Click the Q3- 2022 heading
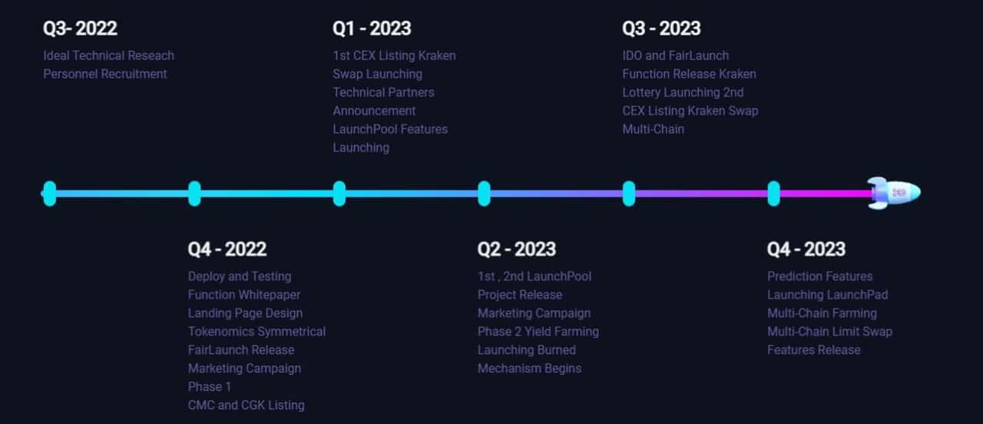[x=80, y=28]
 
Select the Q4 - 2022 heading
[x=227, y=250]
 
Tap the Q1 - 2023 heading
[x=372, y=28]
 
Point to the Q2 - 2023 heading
[x=517, y=250]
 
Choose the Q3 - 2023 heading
[x=661, y=28]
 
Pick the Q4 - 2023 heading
[x=806, y=250]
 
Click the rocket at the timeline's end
[x=894, y=193]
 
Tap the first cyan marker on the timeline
[x=50, y=193]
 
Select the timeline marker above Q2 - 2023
[x=484, y=193]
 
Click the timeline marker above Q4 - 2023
[x=773, y=193]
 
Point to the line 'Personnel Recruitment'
[x=105, y=75]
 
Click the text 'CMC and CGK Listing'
[x=247, y=405]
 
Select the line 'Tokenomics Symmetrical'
[x=257, y=331]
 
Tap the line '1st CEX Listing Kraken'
[x=394, y=56]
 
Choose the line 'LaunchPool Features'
[x=390, y=130]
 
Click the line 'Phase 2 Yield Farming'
[x=538, y=331]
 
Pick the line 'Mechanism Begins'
[x=529, y=368]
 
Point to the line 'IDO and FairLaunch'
[x=675, y=56]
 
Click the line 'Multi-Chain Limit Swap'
[x=829, y=331]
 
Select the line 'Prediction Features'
[x=819, y=277]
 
